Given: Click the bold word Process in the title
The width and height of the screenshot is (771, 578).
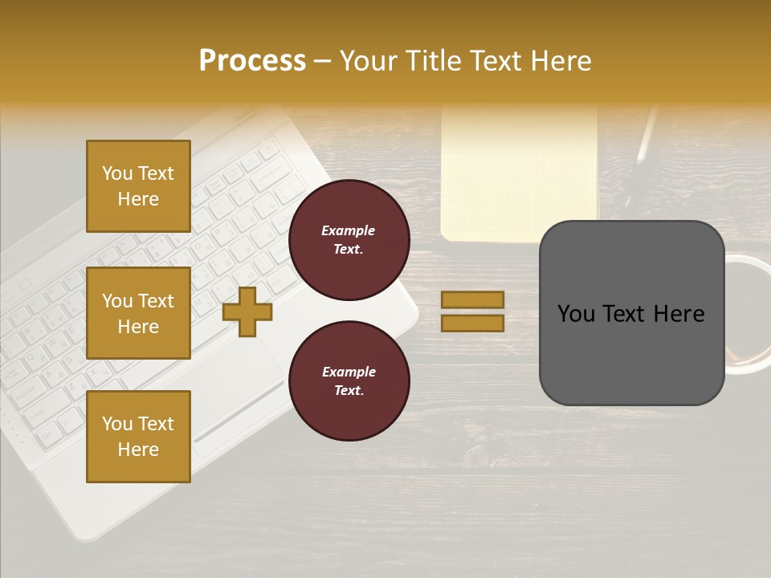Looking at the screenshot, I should tap(252, 61).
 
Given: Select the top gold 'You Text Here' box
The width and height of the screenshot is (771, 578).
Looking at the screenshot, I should tap(138, 186).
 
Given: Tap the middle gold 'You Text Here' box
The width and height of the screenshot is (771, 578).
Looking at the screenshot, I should tap(138, 313).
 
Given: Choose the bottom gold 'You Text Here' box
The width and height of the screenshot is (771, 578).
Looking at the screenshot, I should tap(138, 436).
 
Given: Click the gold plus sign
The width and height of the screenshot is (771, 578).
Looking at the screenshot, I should tap(247, 311).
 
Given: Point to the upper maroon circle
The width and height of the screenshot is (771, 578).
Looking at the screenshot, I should tap(349, 239).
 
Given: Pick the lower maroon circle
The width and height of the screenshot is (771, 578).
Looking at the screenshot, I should tap(349, 381).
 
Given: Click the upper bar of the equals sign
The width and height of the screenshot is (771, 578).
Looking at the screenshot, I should tap(472, 299).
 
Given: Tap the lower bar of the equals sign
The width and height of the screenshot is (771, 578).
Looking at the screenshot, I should tap(472, 323).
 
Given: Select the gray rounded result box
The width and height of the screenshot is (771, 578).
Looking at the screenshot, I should tap(631, 313).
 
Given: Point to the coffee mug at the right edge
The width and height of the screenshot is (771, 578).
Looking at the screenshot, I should tap(749, 313).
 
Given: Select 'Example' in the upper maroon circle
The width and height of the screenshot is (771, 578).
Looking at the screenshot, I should tap(348, 230).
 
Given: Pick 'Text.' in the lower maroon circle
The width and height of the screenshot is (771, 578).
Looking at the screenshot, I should tap(349, 391).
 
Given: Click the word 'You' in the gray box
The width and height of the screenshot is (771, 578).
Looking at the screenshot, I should tap(577, 314).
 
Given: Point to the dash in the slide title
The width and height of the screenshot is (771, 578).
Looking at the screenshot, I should tap(322, 61).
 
